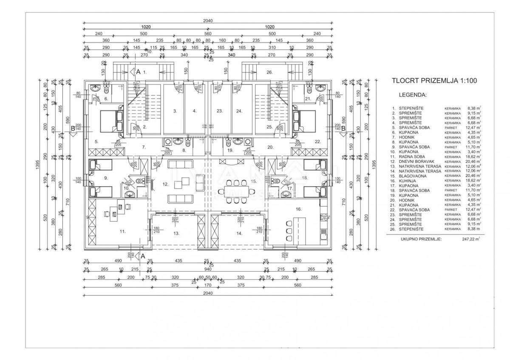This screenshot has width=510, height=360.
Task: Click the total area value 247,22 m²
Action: coord(470,239)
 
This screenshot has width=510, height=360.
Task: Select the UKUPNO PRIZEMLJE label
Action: coord(421,239)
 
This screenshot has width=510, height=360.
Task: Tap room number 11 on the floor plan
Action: coord(122,231)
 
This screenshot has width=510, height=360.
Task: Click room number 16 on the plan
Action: coord(298,209)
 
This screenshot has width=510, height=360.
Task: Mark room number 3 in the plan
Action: coord(174,111)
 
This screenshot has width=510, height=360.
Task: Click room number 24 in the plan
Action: coord(239,111)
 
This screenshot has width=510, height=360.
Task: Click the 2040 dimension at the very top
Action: coord(208,20)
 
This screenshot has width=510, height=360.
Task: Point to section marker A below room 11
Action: coord(142,256)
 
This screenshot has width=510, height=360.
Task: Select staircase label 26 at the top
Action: coord(269,72)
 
